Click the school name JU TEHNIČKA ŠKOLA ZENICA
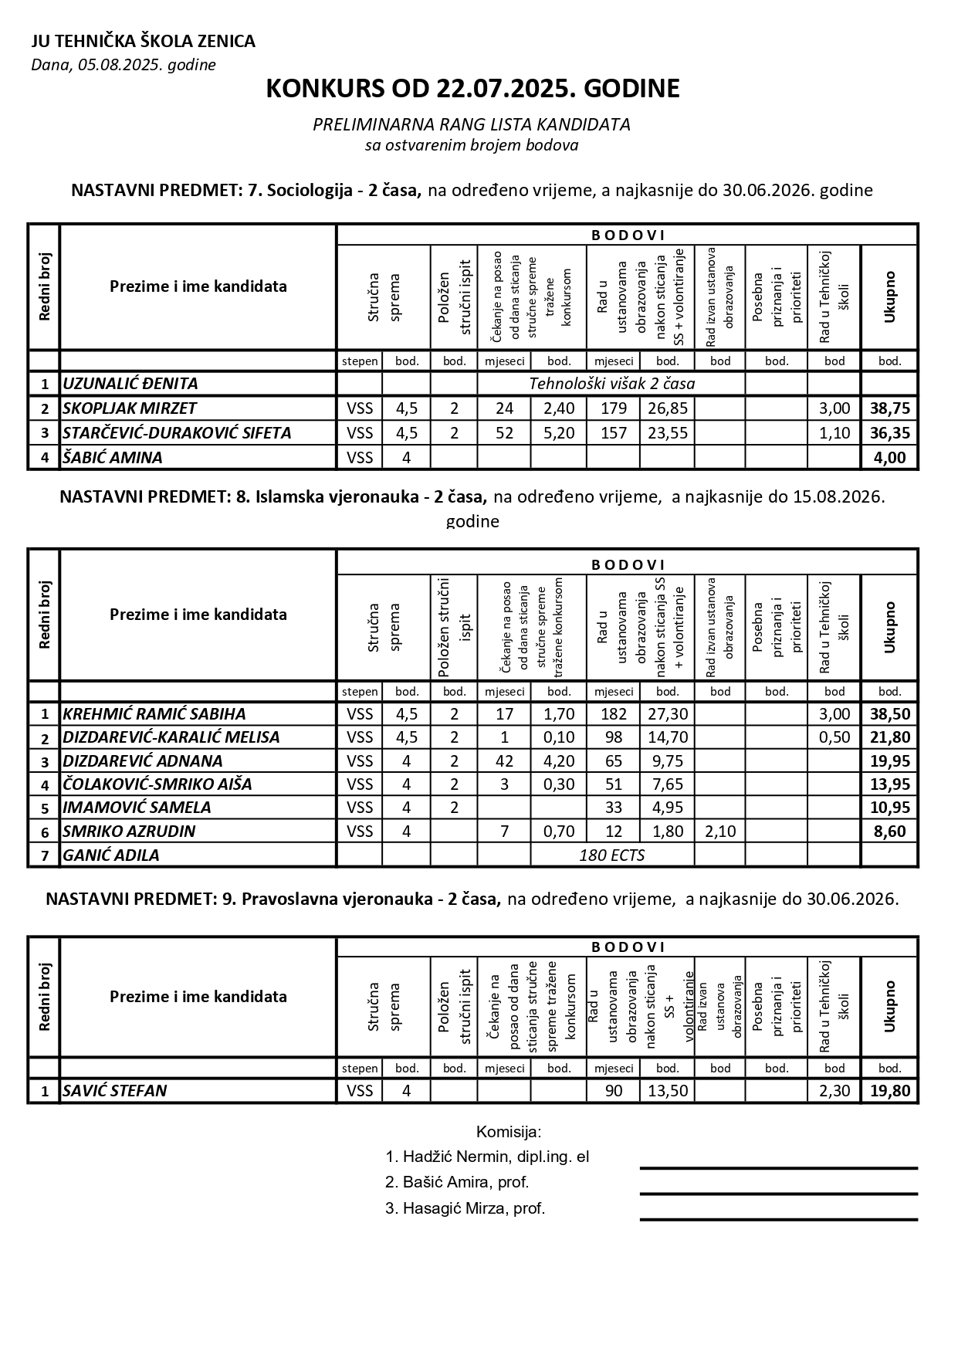pyautogui.click(x=144, y=42)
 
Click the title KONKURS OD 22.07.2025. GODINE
pyautogui.click(x=472, y=89)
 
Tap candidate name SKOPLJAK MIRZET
pyautogui.click(x=130, y=408)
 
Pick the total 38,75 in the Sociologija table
pyautogui.click(x=889, y=408)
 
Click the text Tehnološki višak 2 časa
pyautogui.click(x=611, y=384)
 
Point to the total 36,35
pyautogui.click(x=889, y=433)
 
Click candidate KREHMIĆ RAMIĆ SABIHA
pyautogui.click(x=154, y=714)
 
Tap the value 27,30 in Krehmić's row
pyautogui.click(x=667, y=714)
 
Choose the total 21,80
pyautogui.click(x=889, y=737)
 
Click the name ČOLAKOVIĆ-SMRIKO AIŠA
pyautogui.click(x=157, y=784)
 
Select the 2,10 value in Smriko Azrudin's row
pyautogui.click(x=719, y=832)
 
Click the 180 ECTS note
pyautogui.click(x=611, y=855)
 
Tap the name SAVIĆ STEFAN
pyautogui.click(x=115, y=1091)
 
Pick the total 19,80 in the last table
pyautogui.click(x=889, y=1091)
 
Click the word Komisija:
pyautogui.click(x=509, y=1133)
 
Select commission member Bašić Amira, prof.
pyautogui.click(x=457, y=1182)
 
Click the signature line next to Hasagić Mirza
pyautogui.click(x=778, y=1219)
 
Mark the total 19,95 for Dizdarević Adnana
pyautogui.click(x=889, y=761)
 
